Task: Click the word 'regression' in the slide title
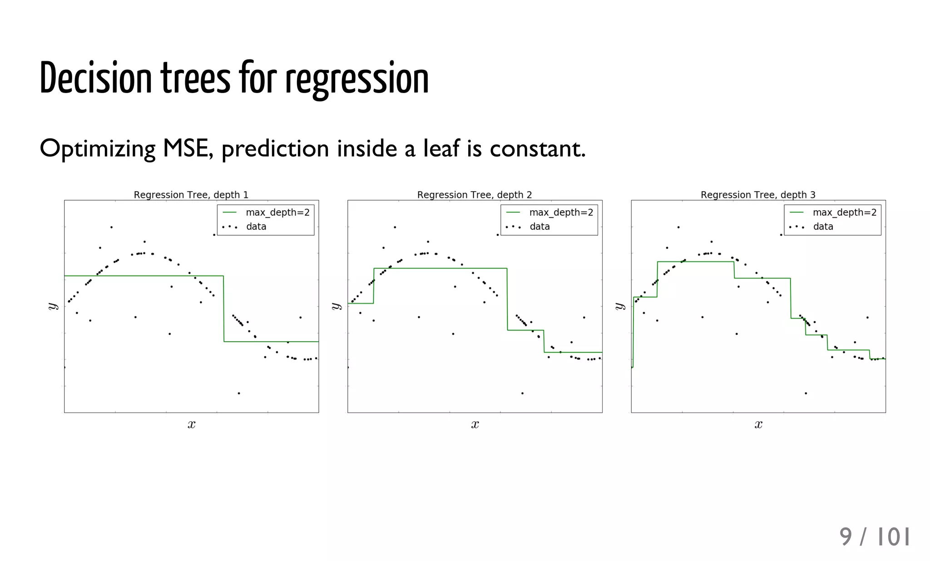[356, 79]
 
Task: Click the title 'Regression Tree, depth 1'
[191, 195]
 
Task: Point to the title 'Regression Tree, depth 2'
[474, 195]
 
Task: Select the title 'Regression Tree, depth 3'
[757, 195]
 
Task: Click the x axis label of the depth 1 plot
[192, 424]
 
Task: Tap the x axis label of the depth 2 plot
[475, 424]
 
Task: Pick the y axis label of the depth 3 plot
[620, 306]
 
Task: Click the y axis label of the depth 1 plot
[53, 306]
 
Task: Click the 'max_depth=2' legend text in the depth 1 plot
[277, 212]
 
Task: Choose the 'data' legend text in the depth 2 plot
[539, 226]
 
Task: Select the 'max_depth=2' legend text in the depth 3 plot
[844, 212]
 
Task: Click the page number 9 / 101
[874, 537]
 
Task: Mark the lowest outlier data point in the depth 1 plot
[239, 393]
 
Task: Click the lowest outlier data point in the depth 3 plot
[806, 393]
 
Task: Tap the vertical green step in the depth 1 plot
[223, 309]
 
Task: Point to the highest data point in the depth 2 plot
[395, 227]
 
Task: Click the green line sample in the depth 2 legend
[513, 212]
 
